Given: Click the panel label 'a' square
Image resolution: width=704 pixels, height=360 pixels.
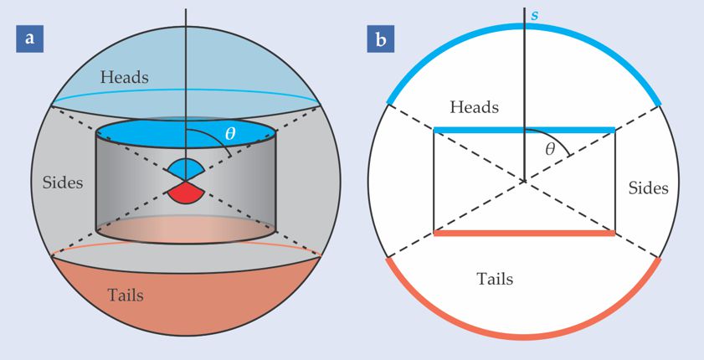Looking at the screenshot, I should click(30, 39).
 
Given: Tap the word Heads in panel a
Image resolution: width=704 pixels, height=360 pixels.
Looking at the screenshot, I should click(125, 77).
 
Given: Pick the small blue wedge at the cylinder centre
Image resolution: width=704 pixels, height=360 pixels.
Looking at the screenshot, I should click(186, 169).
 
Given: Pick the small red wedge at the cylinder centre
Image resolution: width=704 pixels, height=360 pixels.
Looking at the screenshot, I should click(186, 194).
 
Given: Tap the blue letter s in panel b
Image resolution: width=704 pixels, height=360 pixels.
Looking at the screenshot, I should click(534, 16).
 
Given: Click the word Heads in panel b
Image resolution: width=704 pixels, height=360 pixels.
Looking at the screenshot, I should click(474, 108).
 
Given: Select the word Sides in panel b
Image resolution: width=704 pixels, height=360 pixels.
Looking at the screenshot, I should click(648, 188).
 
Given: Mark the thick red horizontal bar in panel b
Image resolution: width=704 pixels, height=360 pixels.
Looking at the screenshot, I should click(524, 233).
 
